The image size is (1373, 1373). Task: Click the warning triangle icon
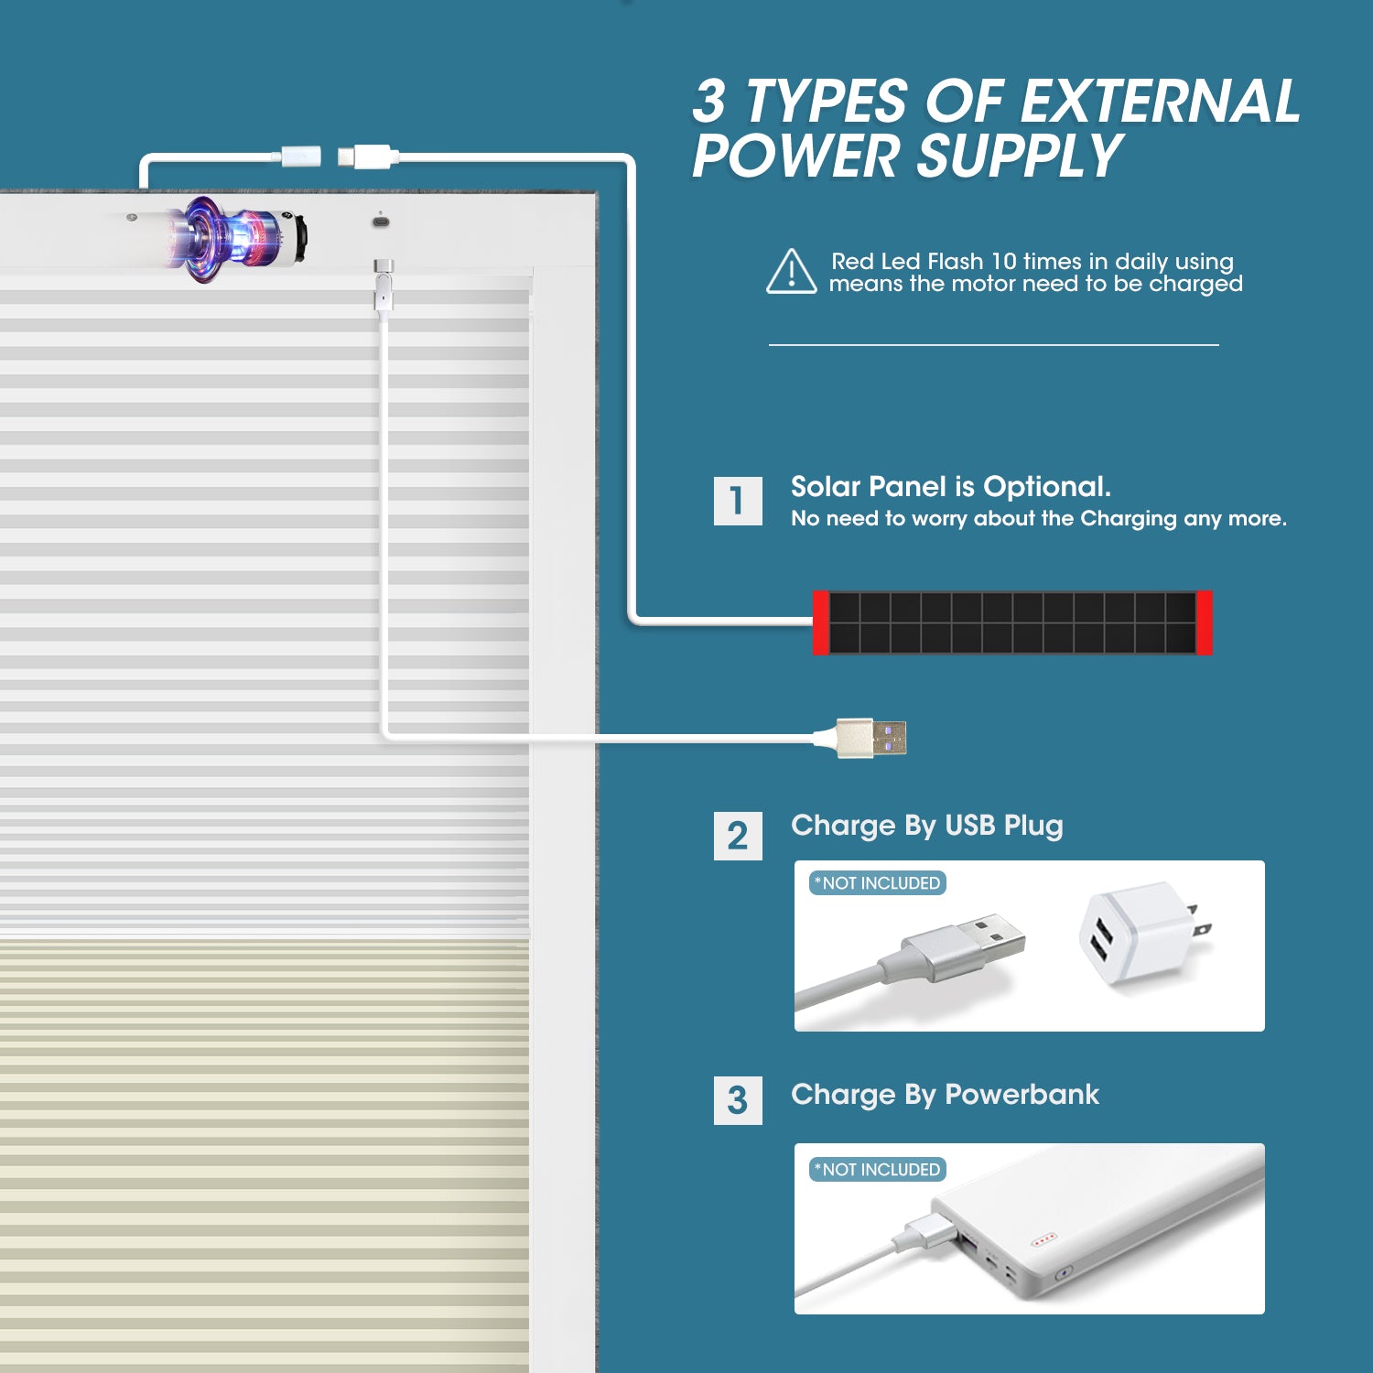pos(791,273)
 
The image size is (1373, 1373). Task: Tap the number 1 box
pos(738,501)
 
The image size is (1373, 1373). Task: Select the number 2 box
pos(738,836)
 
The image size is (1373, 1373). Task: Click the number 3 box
pos(738,1100)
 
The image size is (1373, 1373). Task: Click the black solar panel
pos(1012,622)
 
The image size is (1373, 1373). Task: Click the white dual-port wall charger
pos(1144,934)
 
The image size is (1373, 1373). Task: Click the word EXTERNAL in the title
pos(1159,101)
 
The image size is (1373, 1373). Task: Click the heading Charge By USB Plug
pos(927,826)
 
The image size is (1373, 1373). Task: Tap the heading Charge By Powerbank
pos(945,1095)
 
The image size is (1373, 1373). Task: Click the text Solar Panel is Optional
pos(951,486)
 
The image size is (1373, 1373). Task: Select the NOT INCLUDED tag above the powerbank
pos(878,1170)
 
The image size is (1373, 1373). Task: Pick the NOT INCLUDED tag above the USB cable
pos(878,883)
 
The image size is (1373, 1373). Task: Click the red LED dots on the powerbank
pos(1043,1240)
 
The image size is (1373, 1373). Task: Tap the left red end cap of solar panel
pos(821,622)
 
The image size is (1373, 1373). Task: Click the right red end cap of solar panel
pos(1205,622)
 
